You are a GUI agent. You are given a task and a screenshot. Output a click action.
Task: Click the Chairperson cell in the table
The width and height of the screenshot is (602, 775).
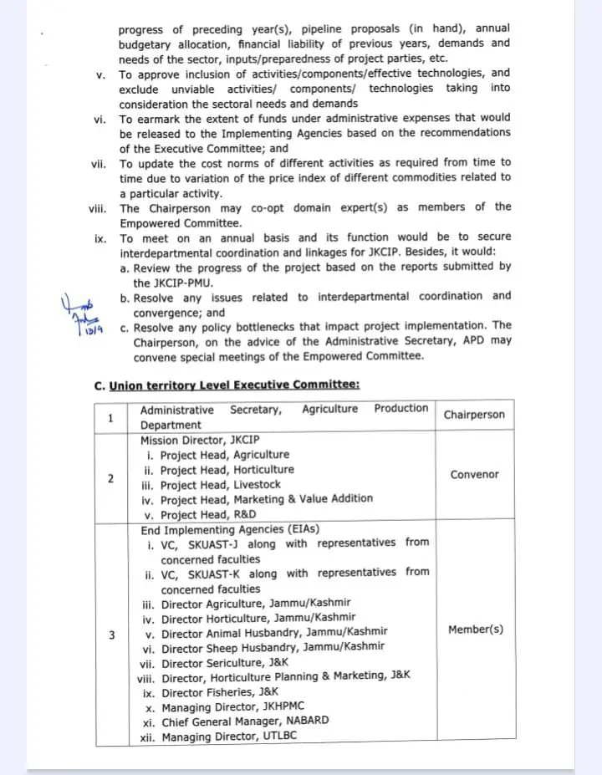(x=474, y=416)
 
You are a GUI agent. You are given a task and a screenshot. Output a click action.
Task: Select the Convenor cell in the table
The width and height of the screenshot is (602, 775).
(x=474, y=475)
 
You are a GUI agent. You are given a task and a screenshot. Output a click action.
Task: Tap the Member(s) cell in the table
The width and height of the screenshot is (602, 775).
(x=475, y=630)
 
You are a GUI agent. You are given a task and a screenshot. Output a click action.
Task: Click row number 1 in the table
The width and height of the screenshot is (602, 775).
(x=111, y=417)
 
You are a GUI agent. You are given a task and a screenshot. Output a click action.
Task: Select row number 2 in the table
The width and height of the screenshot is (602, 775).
(x=111, y=478)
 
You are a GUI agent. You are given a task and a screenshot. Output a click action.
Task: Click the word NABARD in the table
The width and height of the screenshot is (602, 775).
(x=301, y=721)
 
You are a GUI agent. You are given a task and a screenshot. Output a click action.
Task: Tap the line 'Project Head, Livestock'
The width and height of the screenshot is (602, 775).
(x=220, y=485)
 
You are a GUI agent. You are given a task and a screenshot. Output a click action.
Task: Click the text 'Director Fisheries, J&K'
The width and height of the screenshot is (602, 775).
(x=219, y=692)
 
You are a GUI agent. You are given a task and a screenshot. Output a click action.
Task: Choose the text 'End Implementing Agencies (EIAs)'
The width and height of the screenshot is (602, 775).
(x=230, y=529)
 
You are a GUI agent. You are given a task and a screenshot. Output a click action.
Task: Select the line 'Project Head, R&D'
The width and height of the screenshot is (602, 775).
(x=208, y=515)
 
